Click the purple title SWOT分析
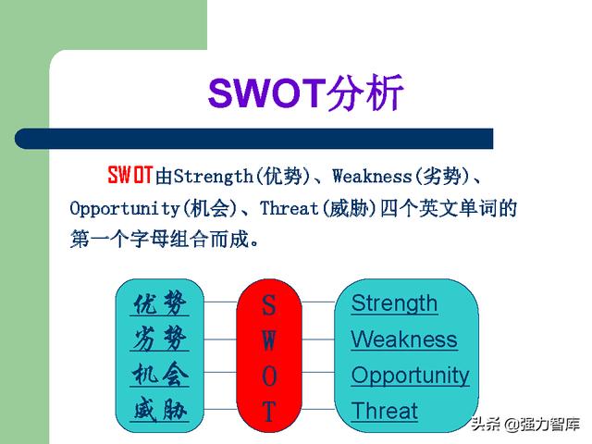[306, 92]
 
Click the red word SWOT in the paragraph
[130, 175]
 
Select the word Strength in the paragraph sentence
[214, 176]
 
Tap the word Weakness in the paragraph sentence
[372, 176]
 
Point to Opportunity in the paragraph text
[125, 208]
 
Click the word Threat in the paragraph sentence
[290, 208]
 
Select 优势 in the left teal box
[160, 303]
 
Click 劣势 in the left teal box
[160, 339]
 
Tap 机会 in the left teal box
[160, 374]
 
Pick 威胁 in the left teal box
[160, 410]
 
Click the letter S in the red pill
[269, 305]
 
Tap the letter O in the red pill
[269, 376]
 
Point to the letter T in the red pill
[269, 411]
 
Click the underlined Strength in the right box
[394, 304]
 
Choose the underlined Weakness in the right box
[404, 339]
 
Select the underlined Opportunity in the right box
[411, 376]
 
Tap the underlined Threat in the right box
[385, 411]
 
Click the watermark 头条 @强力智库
[525, 424]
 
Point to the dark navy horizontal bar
[253, 139]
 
